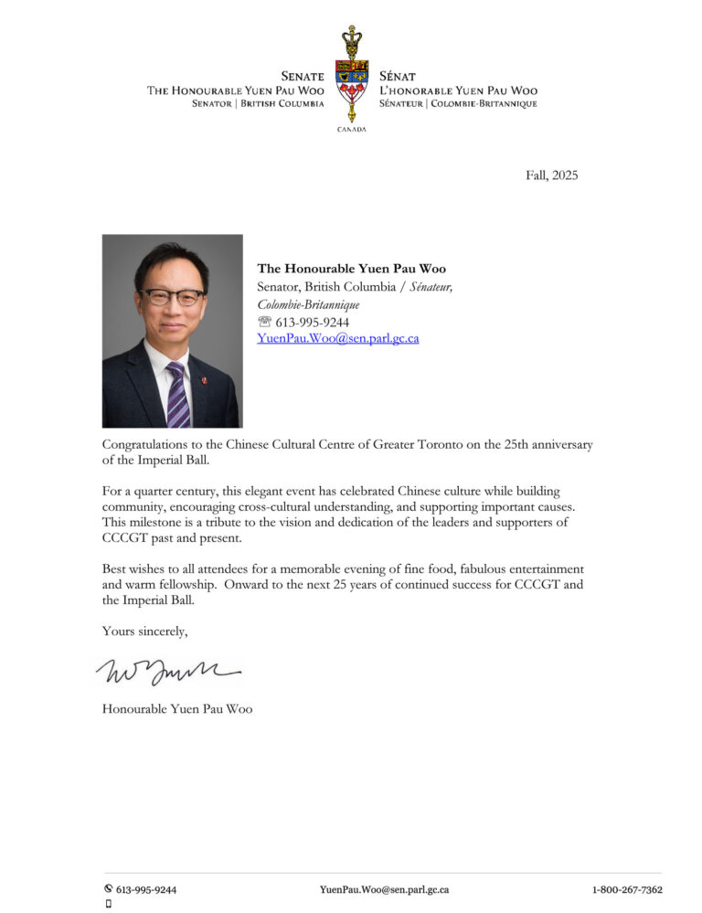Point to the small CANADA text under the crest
pos(351,130)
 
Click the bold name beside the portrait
pos(352,269)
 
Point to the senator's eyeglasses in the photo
pos(172,297)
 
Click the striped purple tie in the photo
pos(177,395)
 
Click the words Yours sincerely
pos(145,630)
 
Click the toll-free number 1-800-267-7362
pos(627,889)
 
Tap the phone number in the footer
pos(146,889)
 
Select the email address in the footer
pos(384,889)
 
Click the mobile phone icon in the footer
pos(109,904)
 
